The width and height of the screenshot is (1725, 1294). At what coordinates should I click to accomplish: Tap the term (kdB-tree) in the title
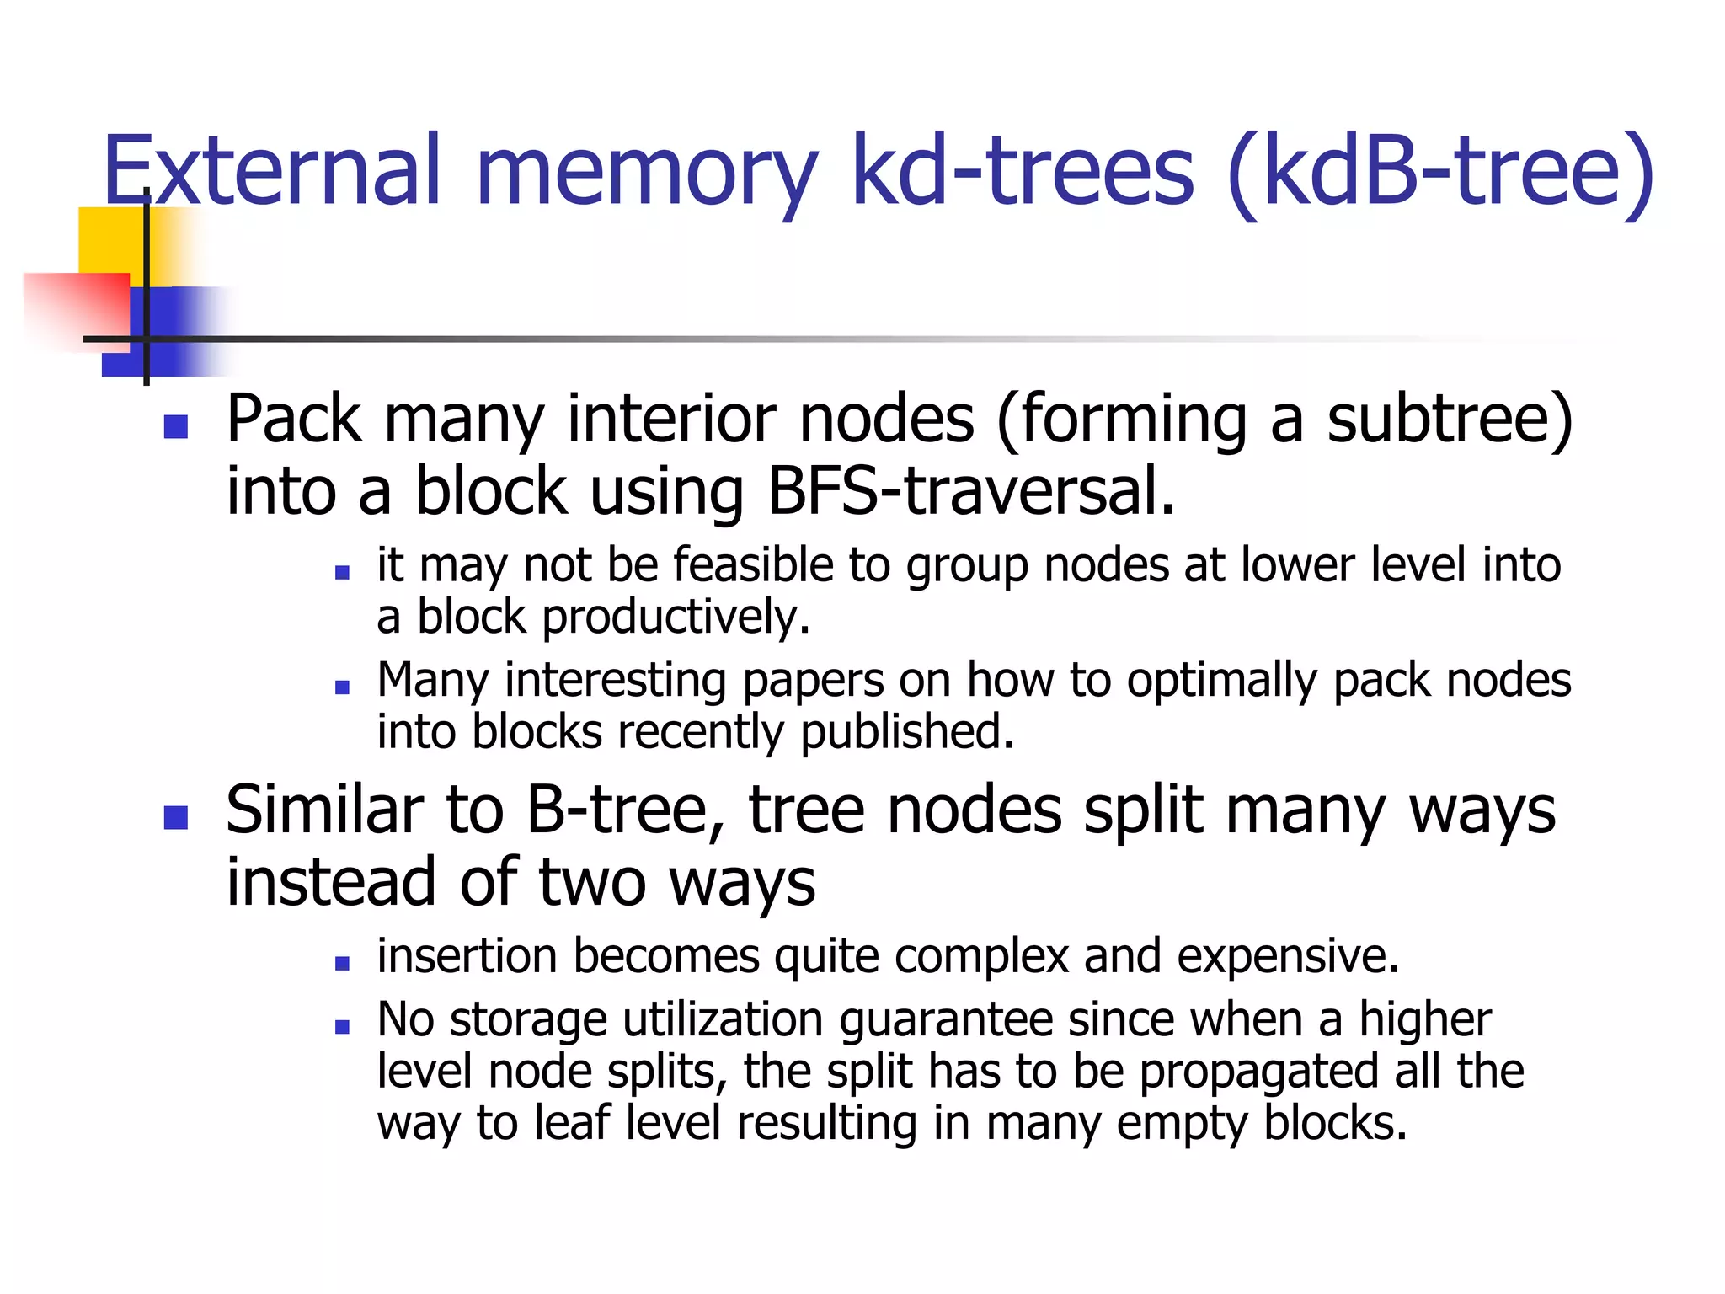pos(1441,173)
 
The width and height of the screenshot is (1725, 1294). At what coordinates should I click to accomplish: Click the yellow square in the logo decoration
pos(110,240)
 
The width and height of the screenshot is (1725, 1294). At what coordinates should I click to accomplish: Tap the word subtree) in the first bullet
pos(1450,419)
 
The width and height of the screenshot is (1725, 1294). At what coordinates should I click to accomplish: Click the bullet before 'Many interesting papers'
pos(342,687)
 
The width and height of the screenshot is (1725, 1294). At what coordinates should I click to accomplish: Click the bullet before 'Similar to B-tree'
pos(175,817)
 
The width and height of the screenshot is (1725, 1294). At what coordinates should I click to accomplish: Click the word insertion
pos(467,957)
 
